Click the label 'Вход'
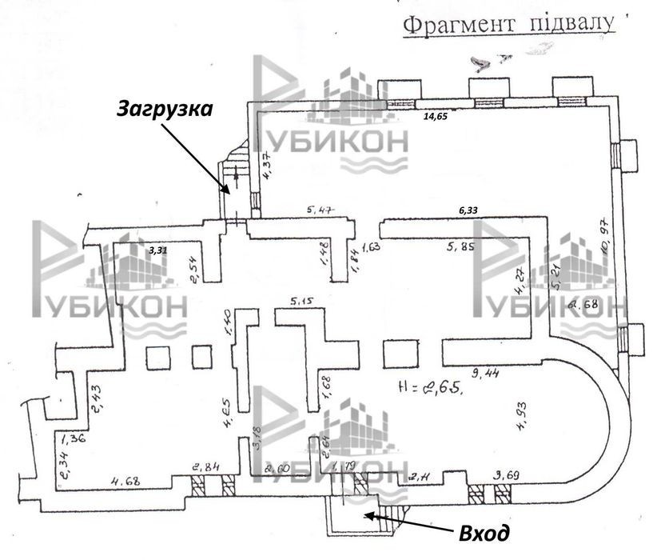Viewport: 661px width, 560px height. [x=482, y=531]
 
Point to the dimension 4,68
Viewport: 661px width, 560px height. [x=125, y=481]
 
